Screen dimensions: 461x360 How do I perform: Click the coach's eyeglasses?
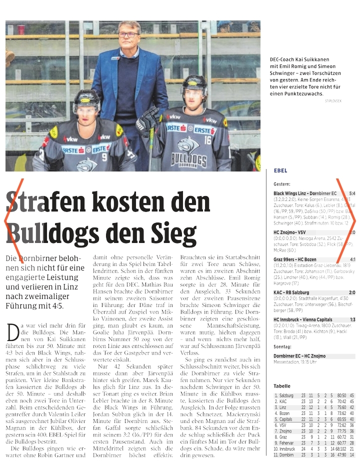coord(128,34)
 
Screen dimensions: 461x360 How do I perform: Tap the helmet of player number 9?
coord(86,100)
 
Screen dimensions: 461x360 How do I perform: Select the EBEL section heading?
coord(280,170)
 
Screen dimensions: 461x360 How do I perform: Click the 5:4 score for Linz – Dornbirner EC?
coord(352,193)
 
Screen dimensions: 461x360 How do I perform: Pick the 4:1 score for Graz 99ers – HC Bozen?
coord(352,259)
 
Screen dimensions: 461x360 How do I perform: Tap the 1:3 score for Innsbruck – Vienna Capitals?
coord(352,319)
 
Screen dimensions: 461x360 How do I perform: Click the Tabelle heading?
coord(282,386)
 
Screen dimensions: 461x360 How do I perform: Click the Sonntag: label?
coord(282,345)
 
